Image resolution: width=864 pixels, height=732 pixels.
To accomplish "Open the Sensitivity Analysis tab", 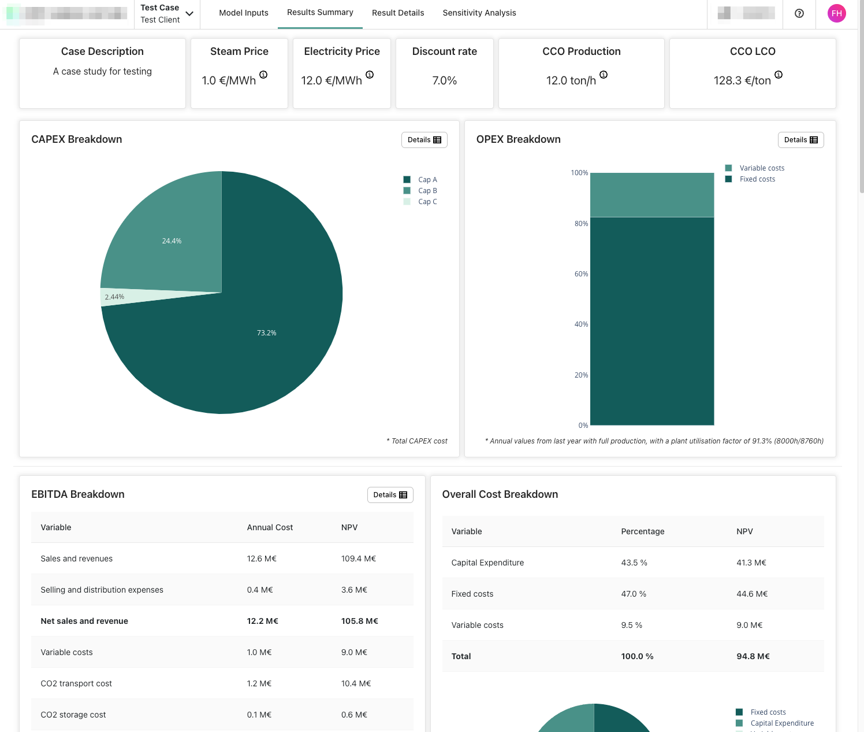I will pos(479,13).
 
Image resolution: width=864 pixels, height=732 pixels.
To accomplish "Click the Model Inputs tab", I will pos(244,13).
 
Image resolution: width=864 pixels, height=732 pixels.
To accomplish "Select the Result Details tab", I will pos(398,13).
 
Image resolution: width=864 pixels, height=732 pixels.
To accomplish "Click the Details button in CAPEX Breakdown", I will pos(424,140).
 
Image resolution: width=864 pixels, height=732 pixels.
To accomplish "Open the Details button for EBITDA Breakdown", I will pos(390,495).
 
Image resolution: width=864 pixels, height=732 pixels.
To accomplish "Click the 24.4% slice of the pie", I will pos(172,241).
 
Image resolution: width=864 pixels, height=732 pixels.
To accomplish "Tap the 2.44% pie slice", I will pos(114,297).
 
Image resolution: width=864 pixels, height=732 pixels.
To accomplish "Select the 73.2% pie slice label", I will pos(267,333).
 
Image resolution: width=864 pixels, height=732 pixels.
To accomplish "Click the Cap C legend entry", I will pos(427,202).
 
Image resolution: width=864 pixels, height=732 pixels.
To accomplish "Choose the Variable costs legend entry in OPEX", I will pos(762,168).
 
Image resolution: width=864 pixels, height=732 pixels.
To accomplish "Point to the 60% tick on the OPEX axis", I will pos(581,274).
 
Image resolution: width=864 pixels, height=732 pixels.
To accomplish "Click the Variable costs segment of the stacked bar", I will pos(652,195).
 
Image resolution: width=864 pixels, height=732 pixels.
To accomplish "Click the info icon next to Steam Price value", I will pos(263,75).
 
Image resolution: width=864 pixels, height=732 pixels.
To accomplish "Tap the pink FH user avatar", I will pos(837,13).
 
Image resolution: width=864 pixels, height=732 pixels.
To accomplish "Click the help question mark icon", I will pos(799,13).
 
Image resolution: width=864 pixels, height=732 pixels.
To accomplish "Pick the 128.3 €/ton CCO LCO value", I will pos(742,81).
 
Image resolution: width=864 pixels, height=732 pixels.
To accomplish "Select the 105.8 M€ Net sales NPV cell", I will pos(359,621).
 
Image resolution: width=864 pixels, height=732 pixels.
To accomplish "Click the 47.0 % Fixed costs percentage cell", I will pos(634,594).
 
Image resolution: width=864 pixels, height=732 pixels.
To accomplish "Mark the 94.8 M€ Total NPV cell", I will pos(753,656).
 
